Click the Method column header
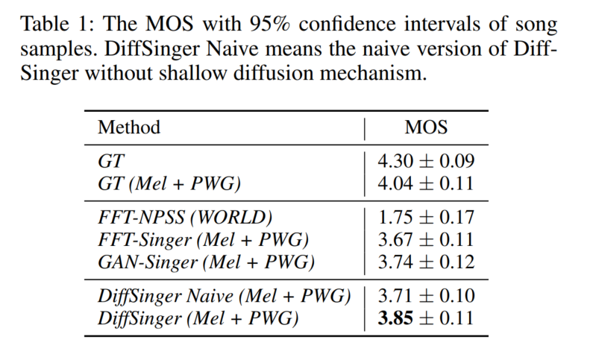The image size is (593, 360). [x=129, y=127]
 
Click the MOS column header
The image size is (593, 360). [x=426, y=127]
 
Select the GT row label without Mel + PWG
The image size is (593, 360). [x=108, y=160]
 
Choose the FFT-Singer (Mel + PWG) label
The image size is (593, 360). [x=203, y=239]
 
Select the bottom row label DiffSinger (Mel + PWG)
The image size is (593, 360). [x=198, y=319]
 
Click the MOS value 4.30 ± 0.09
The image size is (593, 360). [x=426, y=160]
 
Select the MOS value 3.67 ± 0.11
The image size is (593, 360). [x=426, y=239]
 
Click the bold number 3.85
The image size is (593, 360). [x=395, y=319]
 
